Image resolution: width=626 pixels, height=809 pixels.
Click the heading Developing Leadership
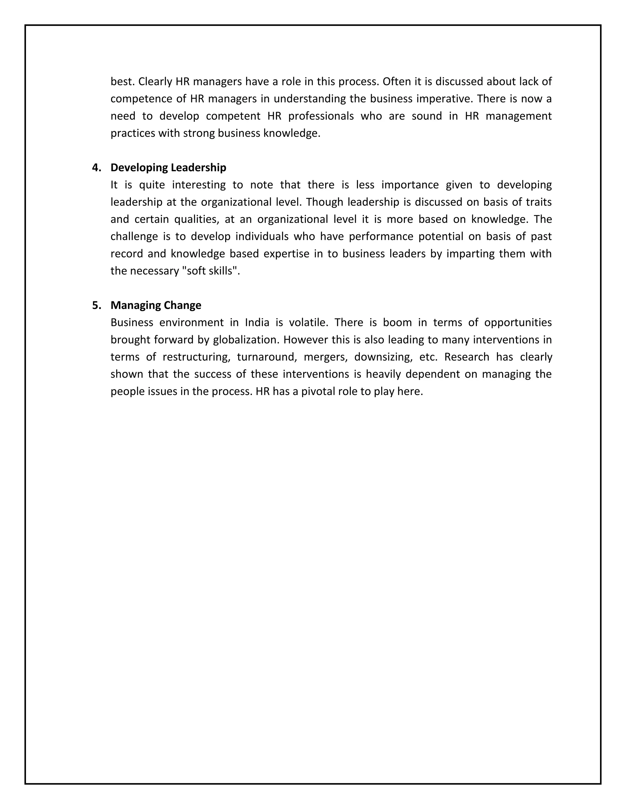pyautogui.click(x=168, y=168)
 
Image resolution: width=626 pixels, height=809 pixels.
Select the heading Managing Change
pyautogui.click(x=156, y=306)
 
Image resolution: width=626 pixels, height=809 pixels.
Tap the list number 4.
pyautogui.click(x=96, y=168)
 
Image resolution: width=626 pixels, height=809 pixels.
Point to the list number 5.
pyautogui.click(x=96, y=306)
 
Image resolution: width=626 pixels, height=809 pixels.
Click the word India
pyautogui.click(x=257, y=323)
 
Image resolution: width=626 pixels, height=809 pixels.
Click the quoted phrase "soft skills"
pyautogui.click(x=210, y=271)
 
